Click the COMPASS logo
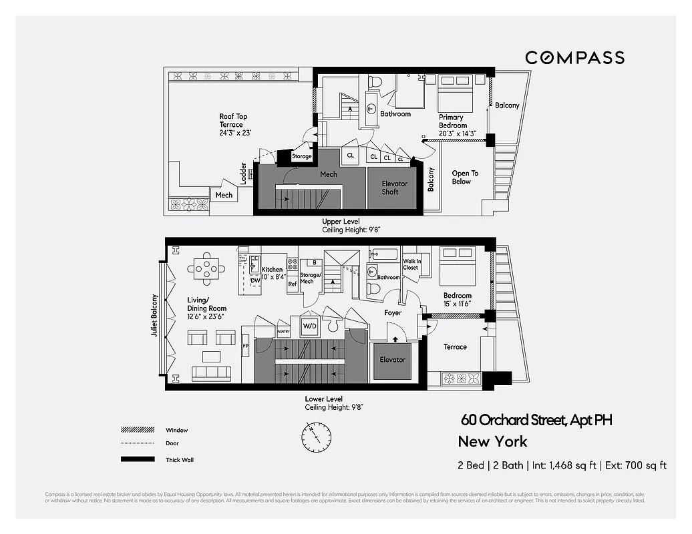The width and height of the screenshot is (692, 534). [574, 57]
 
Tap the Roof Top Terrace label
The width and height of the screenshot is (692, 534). [233, 125]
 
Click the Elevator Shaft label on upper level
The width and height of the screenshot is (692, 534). [394, 188]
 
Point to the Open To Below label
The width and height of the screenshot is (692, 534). [465, 177]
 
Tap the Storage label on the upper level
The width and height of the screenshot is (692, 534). [301, 157]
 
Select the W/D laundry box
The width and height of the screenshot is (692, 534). [310, 326]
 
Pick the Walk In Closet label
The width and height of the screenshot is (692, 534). [411, 264]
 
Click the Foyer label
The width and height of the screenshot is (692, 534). [393, 312]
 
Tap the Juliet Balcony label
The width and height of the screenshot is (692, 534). [154, 315]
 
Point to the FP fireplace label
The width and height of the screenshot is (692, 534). [245, 346]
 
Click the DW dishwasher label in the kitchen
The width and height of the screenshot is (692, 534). [255, 281]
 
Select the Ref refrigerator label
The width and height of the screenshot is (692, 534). [292, 284]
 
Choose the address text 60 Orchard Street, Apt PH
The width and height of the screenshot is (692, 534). [536, 420]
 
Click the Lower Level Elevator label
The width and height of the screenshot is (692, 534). [392, 360]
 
